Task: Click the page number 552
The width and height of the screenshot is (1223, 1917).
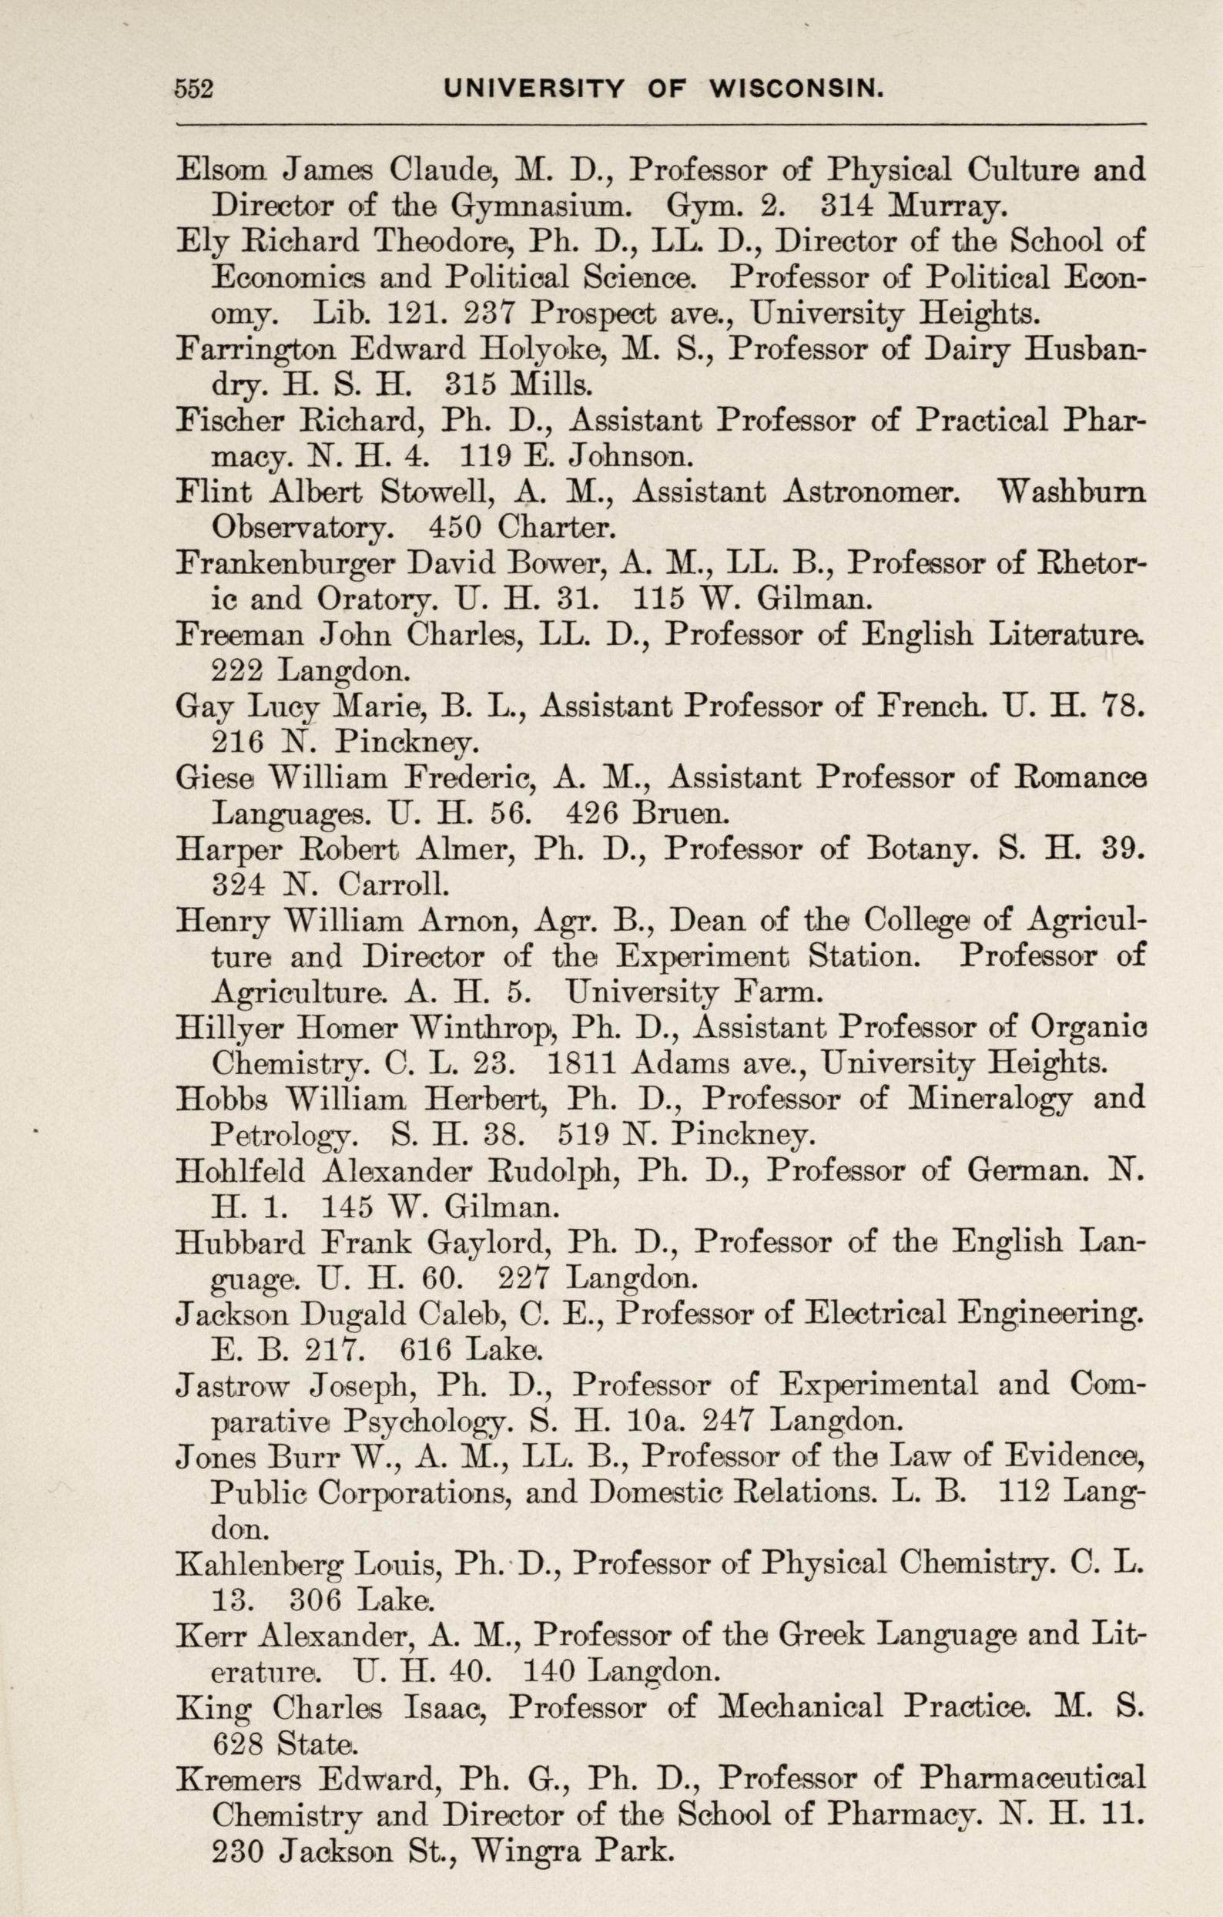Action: click(195, 88)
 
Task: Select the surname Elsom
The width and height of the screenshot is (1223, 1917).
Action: click(218, 170)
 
